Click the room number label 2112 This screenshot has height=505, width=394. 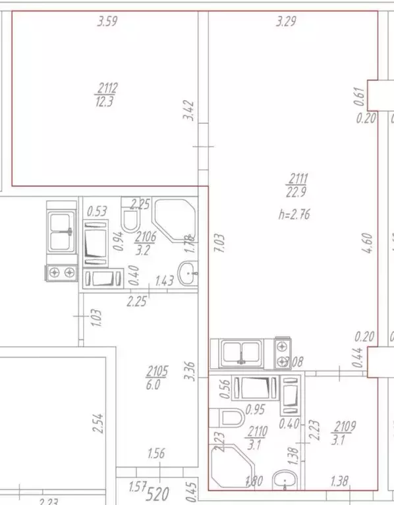pos(107,87)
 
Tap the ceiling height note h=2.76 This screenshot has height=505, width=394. pos(295,213)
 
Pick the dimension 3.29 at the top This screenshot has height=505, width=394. pos(286,22)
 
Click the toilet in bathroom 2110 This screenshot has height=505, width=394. pos(232,417)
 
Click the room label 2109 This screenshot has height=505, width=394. pos(345,426)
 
